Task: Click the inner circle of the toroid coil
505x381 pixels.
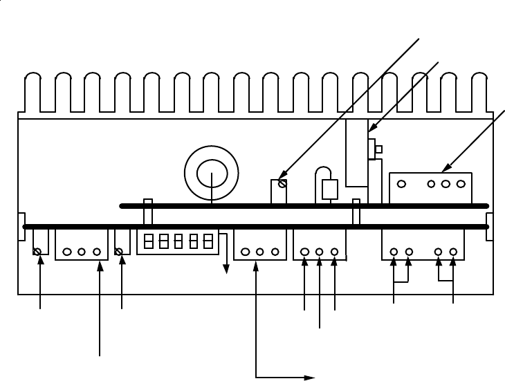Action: point(211,174)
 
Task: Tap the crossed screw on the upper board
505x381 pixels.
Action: point(282,184)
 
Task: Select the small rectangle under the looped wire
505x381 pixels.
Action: point(329,189)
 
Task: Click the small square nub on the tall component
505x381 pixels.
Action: point(378,149)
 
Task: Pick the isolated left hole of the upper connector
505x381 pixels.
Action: point(401,185)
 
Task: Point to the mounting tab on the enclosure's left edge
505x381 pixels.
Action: point(21,226)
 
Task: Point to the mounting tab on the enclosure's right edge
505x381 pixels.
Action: point(490,226)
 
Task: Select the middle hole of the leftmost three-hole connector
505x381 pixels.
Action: point(82,252)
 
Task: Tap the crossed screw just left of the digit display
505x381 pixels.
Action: point(122,251)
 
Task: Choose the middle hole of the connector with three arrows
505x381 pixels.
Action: point(320,252)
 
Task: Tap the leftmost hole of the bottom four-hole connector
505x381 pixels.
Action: point(394,252)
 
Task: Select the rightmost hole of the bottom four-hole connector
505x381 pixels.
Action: point(453,252)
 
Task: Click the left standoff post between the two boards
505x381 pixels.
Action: point(147,212)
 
